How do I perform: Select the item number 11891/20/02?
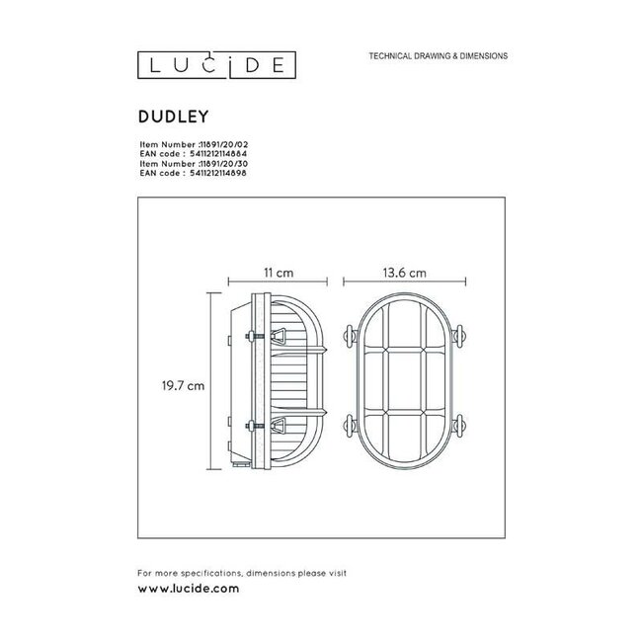coord(217,143)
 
